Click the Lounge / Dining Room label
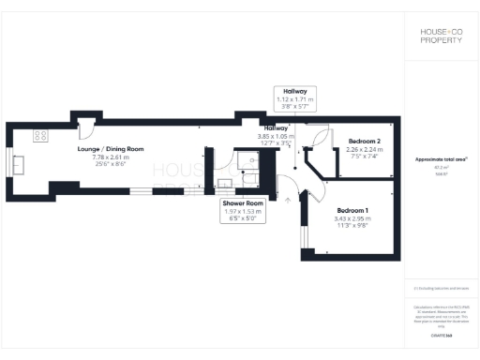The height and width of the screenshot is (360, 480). pyautogui.click(x=111, y=148)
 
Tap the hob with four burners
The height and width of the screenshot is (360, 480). pyautogui.click(x=40, y=136)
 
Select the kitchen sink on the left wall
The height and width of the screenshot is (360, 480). pyautogui.click(x=20, y=164)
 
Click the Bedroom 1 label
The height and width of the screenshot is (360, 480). pyautogui.click(x=352, y=210)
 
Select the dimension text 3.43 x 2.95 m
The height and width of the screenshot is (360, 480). pyautogui.click(x=352, y=218)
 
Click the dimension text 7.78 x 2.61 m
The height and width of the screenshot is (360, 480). pyautogui.click(x=111, y=157)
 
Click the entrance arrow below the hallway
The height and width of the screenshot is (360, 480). pyautogui.click(x=286, y=198)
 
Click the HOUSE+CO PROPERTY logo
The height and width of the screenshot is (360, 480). pyautogui.click(x=441, y=36)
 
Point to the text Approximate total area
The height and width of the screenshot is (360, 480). pyautogui.click(x=441, y=159)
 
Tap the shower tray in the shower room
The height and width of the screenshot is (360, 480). pyautogui.click(x=248, y=160)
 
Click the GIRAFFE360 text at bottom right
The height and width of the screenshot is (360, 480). pyautogui.click(x=442, y=334)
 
